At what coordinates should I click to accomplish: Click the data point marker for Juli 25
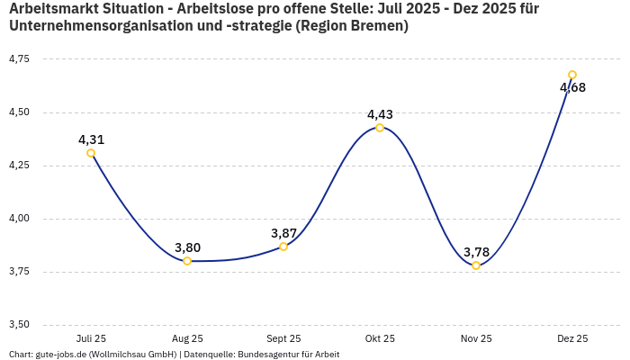(91, 153)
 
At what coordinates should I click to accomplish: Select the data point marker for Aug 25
(187, 261)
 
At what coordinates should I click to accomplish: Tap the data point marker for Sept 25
(283, 247)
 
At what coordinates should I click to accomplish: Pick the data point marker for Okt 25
(380, 128)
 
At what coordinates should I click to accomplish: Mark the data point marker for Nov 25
(476, 265)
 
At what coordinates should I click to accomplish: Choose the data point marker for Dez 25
(572, 75)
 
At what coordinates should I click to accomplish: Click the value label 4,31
(91, 139)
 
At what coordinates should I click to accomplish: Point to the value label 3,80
(187, 247)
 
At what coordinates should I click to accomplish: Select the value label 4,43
(380, 114)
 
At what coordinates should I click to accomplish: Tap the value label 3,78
(476, 252)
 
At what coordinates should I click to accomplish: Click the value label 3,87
(283, 233)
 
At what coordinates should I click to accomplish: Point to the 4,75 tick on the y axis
(19, 59)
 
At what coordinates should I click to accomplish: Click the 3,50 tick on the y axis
(19, 325)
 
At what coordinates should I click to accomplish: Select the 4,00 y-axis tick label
(19, 219)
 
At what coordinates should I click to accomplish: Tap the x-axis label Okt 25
(380, 338)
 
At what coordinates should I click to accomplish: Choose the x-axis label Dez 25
(572, 338)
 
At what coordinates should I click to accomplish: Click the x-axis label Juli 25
(91, 338)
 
